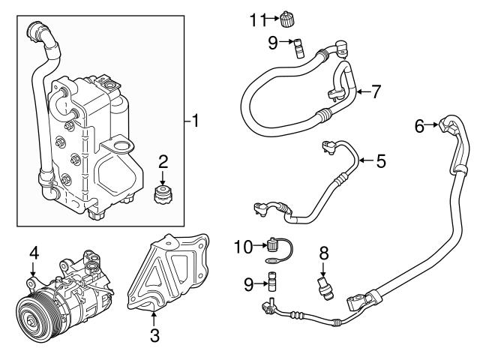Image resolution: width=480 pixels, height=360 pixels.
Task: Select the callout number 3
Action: click(154, 336)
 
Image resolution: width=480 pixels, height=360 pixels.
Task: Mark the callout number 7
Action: click(376, 92)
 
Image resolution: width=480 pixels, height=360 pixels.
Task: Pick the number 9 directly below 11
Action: click(273, 42)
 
